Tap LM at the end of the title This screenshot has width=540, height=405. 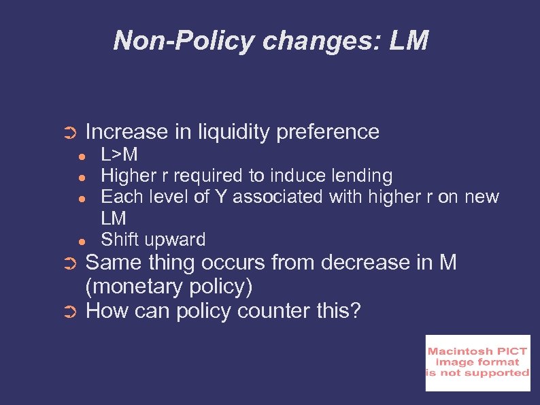(x=409, y=41)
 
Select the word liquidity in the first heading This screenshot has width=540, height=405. (x=236, y=131)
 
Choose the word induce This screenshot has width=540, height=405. (x=298, y=176)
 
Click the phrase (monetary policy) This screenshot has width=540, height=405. (x=169, y=287)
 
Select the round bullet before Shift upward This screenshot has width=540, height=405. (x=81, y=241)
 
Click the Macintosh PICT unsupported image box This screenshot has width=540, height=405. (x=477, y=363)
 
